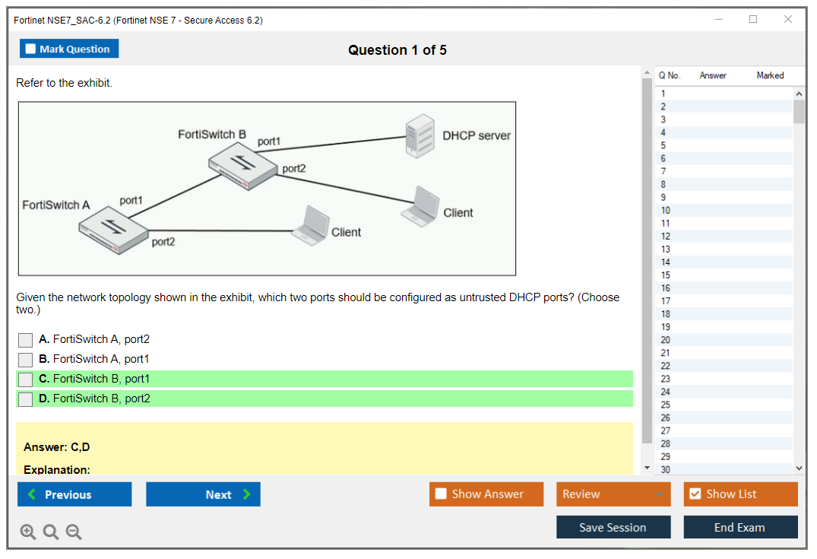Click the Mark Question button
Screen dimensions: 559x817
coord(69,49)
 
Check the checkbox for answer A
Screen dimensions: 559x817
coord(26,340)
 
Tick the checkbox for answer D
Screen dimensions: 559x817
coord(26,399)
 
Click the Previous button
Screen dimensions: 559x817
coord(74,494)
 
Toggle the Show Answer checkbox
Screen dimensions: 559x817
coord(442,494)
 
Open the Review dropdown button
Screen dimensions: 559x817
coord(613,494)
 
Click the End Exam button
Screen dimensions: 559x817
coord(740,527)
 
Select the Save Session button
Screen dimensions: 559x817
coord(613,527)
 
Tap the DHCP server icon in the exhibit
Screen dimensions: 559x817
coord(420,135)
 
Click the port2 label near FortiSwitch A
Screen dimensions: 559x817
coord(163,242)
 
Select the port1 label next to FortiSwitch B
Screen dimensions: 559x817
coord(269,141)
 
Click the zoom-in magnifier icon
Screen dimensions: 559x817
coord(28,532)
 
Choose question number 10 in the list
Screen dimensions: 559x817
coord(666,210)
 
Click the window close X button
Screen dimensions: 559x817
coord(788,20)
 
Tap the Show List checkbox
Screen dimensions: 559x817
coord(695,494)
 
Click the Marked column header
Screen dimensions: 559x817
coord(770,75)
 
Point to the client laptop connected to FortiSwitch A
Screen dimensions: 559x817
coord(309,225)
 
